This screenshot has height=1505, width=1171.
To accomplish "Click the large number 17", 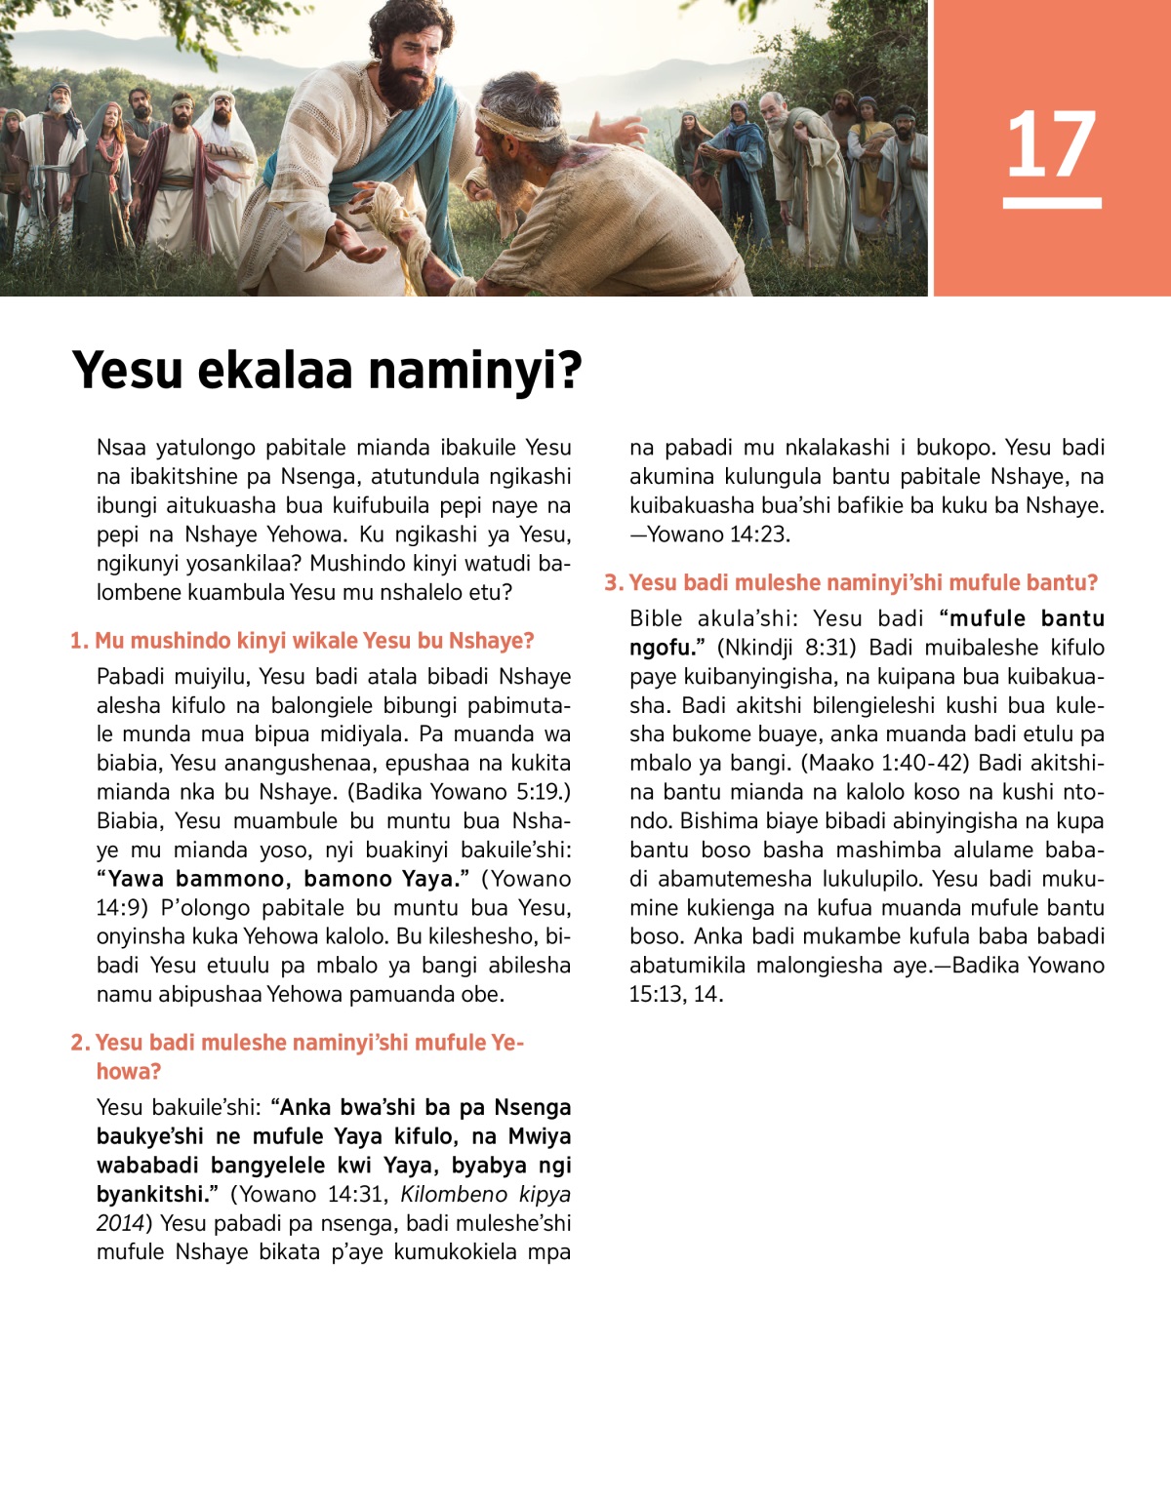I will coord(1051,144).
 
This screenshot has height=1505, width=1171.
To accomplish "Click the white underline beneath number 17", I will coord(1051,203).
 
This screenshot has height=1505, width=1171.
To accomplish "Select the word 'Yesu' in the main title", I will coord(128,372).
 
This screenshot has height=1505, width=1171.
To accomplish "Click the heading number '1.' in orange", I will coord(79,641).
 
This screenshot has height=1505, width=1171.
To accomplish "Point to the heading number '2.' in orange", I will coord(80,1043).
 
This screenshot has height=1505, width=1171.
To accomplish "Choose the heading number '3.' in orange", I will coord(613,583).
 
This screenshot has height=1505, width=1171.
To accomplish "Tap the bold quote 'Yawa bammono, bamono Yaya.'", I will coord(283,879).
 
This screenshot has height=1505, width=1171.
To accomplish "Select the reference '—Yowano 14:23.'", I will coord(709,535).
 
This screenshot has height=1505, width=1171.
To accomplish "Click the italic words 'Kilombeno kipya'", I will coord(485,1195).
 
